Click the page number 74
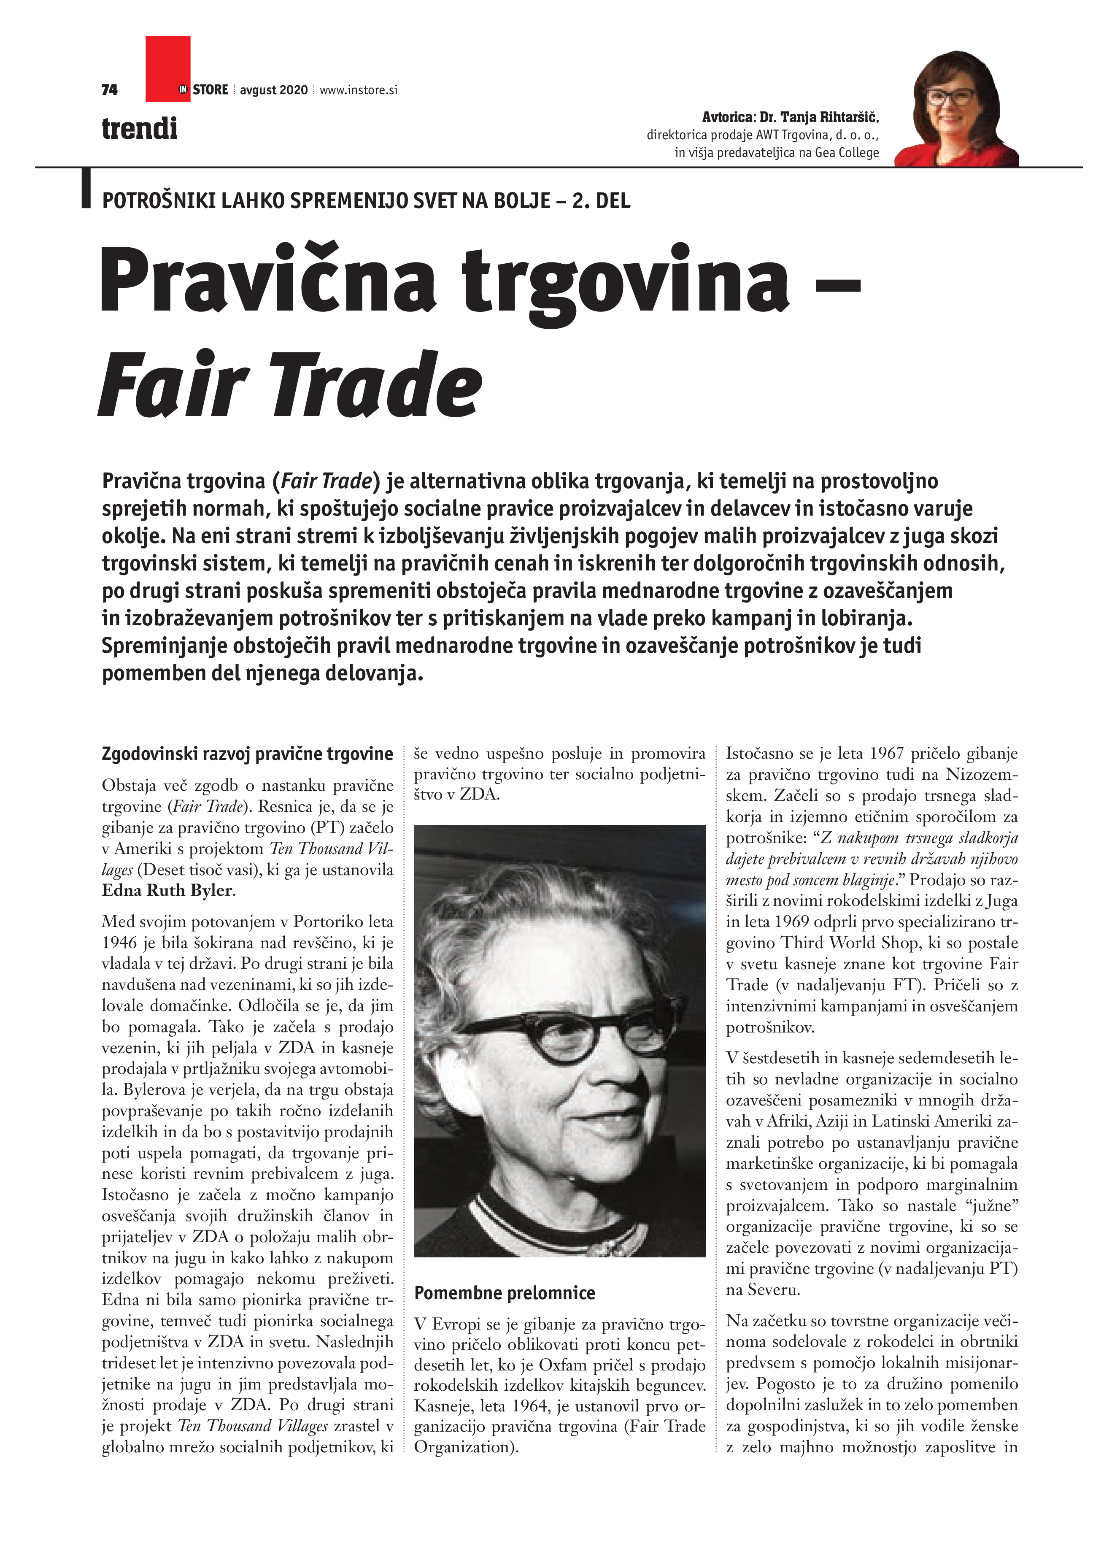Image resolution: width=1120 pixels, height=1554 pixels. tap(110, 90)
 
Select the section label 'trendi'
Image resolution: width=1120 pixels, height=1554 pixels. tap(140, 129)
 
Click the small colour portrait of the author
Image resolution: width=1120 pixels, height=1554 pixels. tap(956, 110)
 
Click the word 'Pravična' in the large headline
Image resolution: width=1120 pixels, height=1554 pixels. tap(267, 281)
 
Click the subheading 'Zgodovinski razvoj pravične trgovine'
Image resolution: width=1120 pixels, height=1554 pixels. tap(247, 754)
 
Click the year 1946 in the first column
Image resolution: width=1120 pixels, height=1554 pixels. tap(121, 943)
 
